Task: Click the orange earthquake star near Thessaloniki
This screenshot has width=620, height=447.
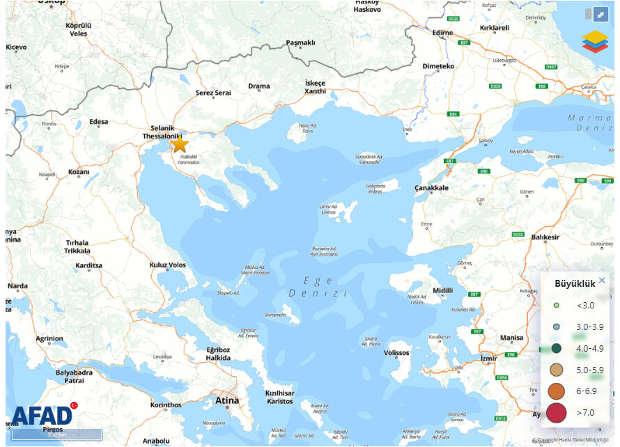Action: coord(180,144)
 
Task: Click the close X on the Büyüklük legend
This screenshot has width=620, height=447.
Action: coord(602,281)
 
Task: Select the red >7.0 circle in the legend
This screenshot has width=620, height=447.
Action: coord(557,413)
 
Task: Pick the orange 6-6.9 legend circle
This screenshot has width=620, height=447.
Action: coord(557,391)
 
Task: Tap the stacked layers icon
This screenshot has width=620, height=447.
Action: coord(595,42)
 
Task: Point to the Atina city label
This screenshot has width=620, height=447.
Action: coord(227,400)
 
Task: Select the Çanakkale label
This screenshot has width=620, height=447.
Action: coord(432,188)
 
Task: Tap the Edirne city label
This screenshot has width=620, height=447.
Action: coord(442,33)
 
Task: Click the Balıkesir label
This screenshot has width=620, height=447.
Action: coord(545,237)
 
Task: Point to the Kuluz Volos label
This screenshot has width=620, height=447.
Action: coord(168,265)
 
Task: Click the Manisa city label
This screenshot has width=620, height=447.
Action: coord(511,338)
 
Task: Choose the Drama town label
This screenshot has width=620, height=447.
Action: coord(259,86)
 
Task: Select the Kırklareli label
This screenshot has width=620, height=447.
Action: coord(495,28)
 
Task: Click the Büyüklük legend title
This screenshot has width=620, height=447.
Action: coord(575,283)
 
